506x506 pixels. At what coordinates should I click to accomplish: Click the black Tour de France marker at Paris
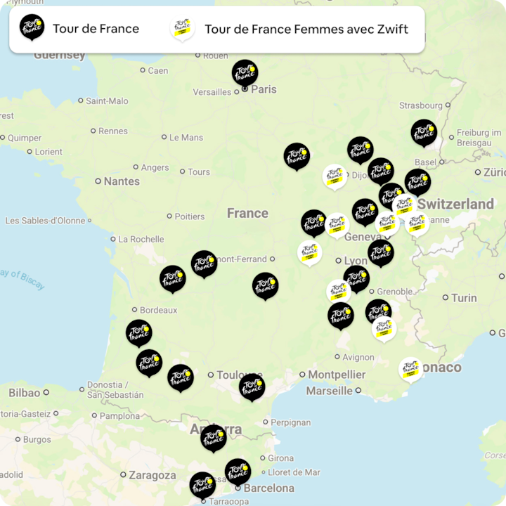pos(245,72)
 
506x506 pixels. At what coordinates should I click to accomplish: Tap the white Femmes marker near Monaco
pos(410,369)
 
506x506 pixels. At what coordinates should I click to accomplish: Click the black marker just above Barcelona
pos(238,472)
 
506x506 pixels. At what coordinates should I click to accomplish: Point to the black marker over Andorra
pos(213,437)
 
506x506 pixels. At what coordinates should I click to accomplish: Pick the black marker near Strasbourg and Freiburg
pos(424,132)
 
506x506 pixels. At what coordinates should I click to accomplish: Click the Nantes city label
pos(122,181)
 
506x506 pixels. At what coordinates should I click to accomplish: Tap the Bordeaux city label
pos(158,310)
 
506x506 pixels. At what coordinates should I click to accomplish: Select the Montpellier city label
pos(337,375)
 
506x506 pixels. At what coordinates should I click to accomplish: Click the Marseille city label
pos(329,391)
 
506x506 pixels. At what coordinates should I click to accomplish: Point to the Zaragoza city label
pos(153,476)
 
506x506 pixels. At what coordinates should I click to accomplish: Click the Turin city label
pos(464,298)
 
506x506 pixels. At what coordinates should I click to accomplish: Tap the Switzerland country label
pos(455,205)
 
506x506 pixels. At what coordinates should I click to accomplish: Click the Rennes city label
pos(112,131)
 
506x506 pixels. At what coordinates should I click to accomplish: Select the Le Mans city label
pos(186,138)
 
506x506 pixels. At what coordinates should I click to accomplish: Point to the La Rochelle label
pos(141,239)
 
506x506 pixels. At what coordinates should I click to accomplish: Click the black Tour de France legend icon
pos(32,28)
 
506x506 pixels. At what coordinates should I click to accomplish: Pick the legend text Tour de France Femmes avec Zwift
pos(306,30)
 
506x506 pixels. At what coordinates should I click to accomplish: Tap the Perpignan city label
pos(291,422)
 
